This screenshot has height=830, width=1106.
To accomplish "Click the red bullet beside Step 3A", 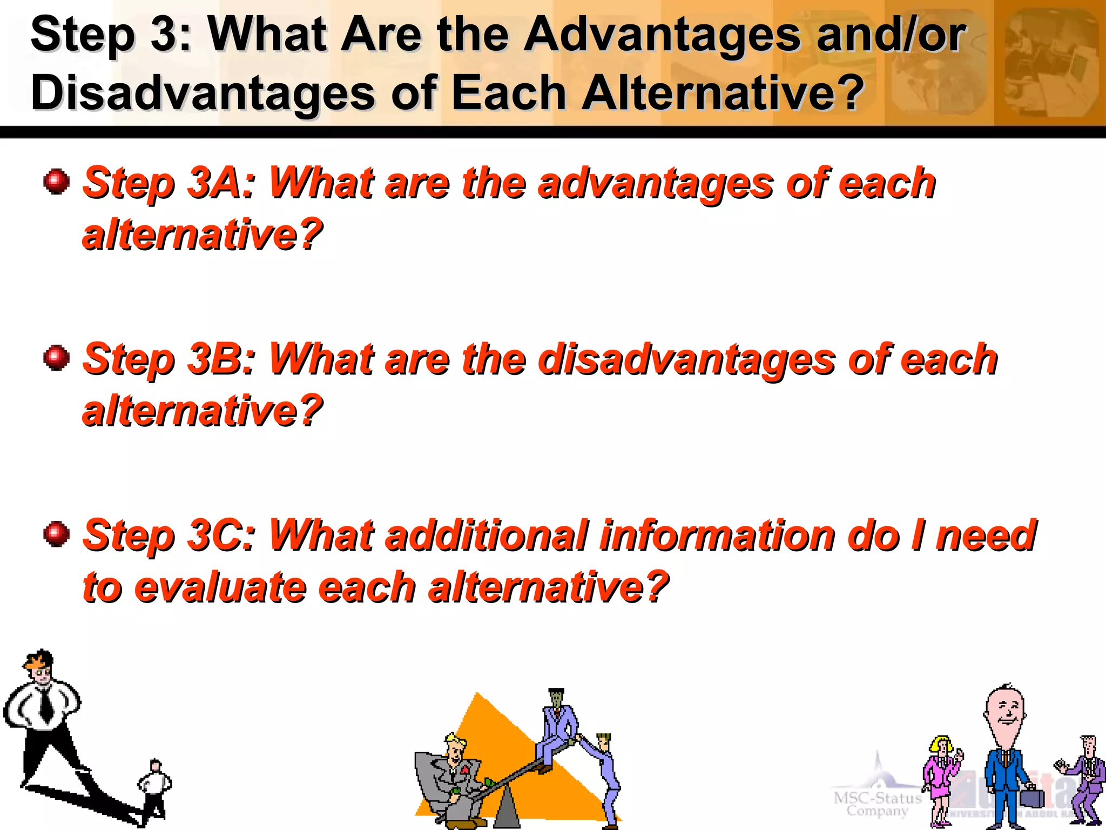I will point(57,181).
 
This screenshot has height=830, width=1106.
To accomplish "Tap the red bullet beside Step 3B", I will point(57,358).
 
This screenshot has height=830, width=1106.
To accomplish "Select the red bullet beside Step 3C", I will point(57,534).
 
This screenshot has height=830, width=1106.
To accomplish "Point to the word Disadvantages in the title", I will point(203,93).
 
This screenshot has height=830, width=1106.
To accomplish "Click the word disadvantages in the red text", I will point(686,359).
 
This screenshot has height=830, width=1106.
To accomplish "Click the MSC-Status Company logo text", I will point(877,804).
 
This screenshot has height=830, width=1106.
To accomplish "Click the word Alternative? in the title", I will point(723,93).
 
